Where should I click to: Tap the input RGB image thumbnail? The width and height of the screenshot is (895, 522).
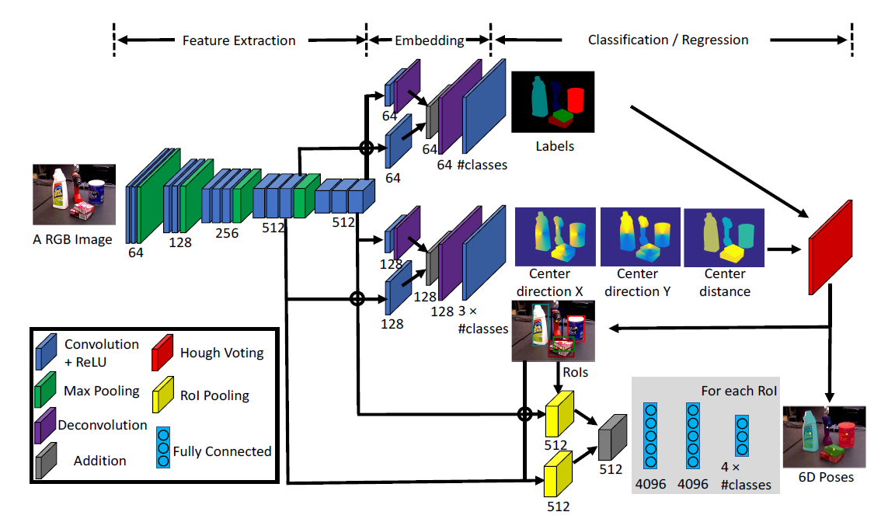[x=74, y=194]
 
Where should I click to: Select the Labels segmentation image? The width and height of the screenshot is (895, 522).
[x=552, y=101]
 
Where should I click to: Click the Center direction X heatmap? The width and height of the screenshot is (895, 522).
[x=555, y=236]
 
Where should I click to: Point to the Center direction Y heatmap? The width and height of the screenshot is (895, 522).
[x=639, y=236]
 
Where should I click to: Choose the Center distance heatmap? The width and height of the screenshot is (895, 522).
[x=724, y=236]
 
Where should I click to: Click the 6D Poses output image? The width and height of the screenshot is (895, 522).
[x=824, y=435]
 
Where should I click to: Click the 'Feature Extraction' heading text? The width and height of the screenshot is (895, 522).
[x=239, y=40]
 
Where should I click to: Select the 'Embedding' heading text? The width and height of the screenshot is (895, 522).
[x=430, y=40]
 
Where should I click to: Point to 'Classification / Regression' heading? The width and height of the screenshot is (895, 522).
[x=668, y=40]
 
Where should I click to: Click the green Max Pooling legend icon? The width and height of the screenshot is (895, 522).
[x=47, y=391]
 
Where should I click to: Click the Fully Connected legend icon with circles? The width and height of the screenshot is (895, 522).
[x=162, y=447]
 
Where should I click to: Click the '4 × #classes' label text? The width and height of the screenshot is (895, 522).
[x=745, y=476]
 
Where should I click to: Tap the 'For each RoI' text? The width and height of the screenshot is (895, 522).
[x=739, y=391]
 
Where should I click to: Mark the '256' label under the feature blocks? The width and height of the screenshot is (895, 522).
[x=227, y=233]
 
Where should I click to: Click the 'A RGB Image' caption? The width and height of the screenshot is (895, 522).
[x=72, y=239]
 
